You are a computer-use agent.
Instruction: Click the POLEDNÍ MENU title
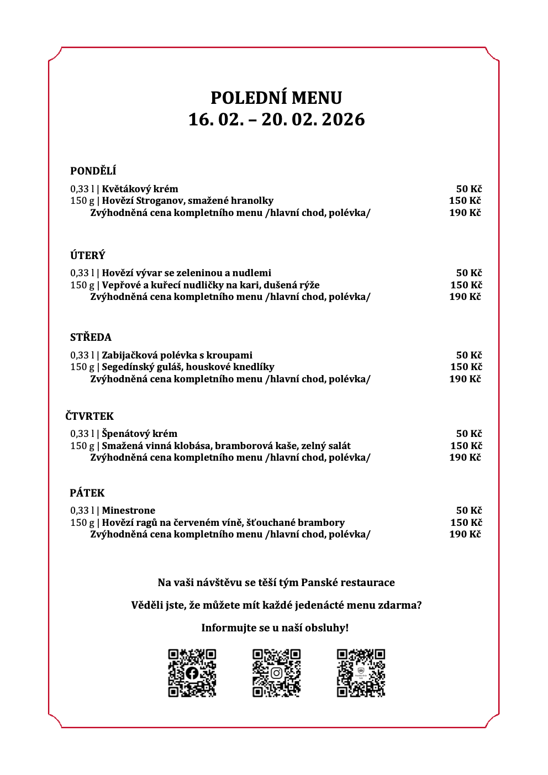pos(276,98)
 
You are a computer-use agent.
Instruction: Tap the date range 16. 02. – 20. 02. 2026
pos(276,119)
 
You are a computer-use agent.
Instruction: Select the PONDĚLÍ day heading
pos(93,171)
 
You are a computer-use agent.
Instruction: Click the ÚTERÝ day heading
pos(87,255)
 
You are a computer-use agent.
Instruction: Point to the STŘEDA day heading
pos(91,338)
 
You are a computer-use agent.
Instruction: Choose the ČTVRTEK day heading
pos(89,416)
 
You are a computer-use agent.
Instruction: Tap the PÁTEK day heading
pos(87,493)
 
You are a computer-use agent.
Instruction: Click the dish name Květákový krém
pos(140,189)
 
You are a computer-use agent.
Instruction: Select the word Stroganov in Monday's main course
pos(161,201)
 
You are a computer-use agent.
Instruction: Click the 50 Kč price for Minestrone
pos(469,510)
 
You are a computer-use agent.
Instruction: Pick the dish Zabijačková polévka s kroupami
pos(177,355)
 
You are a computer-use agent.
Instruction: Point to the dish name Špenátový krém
pos(139,434)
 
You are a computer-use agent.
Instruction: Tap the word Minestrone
pos(129,510)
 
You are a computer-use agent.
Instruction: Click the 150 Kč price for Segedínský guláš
pos(466,367)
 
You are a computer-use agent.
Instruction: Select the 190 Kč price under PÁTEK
pos(465,534)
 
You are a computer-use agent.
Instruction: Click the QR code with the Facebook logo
pos(192,673)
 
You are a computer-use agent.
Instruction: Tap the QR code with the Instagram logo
pos(277,673)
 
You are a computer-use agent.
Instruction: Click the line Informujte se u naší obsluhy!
pos(275,628)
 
